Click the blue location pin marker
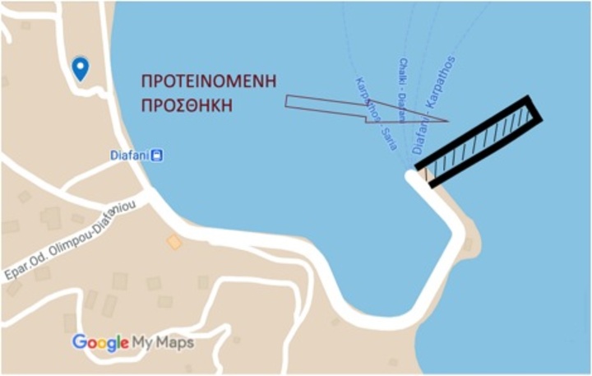click(x=80, y=68)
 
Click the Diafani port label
click(x=129, y=155)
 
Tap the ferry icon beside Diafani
click(x=156, y=155)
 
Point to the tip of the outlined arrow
click(x=446, y=122)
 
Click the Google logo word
click(x=99, y=341)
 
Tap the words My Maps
click(x=164, y=341)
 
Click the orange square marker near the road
click(x=173, y=242)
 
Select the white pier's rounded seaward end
click(x=414, y=178)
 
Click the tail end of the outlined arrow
click(x=287, y=102)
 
